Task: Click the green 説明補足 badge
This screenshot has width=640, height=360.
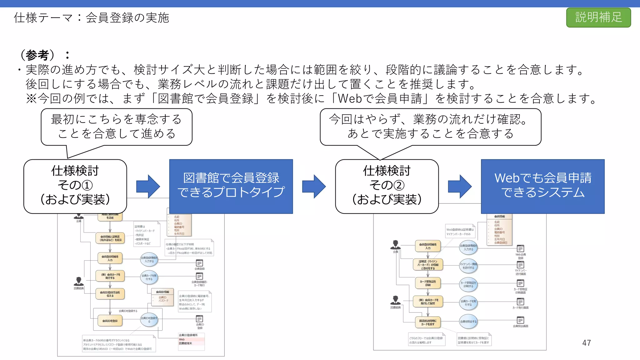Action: [x=598, y=17]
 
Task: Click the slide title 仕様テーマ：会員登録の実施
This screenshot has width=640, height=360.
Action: [x=91, y=18]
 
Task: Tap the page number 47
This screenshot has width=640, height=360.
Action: [x=586, y=343]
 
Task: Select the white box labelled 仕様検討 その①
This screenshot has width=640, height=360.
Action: [x=75, y=186]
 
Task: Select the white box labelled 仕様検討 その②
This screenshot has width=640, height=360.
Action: [x=387, y=186]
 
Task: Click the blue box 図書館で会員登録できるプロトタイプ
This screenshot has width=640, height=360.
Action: [x=231, y=186]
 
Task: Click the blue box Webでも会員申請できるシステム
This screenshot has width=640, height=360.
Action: [x=542, y=186]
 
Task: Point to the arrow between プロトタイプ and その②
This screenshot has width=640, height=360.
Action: [x=314, y=187]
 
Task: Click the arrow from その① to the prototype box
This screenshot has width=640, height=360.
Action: [x=148, y=187]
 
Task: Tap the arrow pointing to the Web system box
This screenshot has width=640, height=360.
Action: [x=460, y=187]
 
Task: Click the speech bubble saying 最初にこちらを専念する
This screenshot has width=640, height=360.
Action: [x=116, y=127]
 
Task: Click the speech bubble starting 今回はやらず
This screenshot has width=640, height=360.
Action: [x=430, y=127]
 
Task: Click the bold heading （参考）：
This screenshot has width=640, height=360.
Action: [x=44, y=55]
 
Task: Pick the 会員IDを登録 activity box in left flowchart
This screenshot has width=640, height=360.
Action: [x=110, y=321]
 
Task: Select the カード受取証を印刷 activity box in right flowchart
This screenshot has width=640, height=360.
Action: [x=428, y=283]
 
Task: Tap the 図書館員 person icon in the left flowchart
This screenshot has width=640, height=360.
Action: [x=79, y=282]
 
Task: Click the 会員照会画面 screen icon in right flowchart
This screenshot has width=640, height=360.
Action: [x=520, y=320]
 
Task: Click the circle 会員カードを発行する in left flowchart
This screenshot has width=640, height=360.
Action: [x=149, y=277]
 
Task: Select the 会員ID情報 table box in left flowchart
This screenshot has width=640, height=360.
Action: [x=162, y=297]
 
